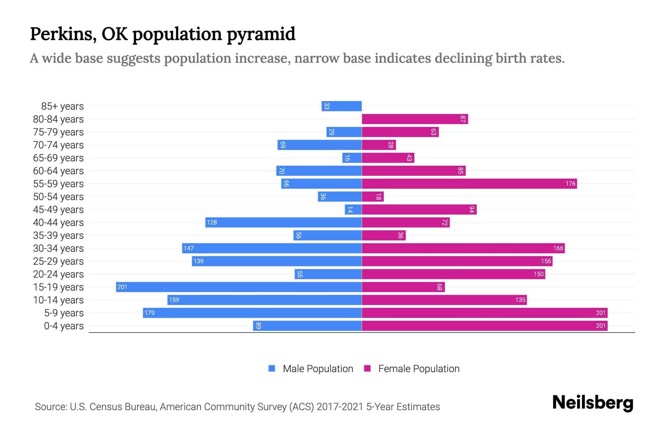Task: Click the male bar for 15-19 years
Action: tap(239, 287)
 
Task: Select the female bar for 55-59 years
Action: tap(469, 183)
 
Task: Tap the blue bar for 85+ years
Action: tap(341, 106)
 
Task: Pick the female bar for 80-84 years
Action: tap(415, 119)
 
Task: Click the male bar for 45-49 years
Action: tap(353, 209)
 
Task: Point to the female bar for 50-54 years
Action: tap(373, 196)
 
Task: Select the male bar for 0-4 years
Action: tap(307, 326)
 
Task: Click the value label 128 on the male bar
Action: tap(212, 222)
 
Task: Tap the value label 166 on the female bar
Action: tap(558, 248)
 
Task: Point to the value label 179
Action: tap(149, 313)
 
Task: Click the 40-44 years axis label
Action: tap(58, 222)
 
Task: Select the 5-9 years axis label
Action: tap(64, 313)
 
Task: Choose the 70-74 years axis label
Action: tap(58, 145)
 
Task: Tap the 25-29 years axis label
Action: tap(58, 261)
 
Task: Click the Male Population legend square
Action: tap(272, 368)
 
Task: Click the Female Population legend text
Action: tap(419, 368)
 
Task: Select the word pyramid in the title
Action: tap(261, 34)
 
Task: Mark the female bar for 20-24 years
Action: tap(453, 274)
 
